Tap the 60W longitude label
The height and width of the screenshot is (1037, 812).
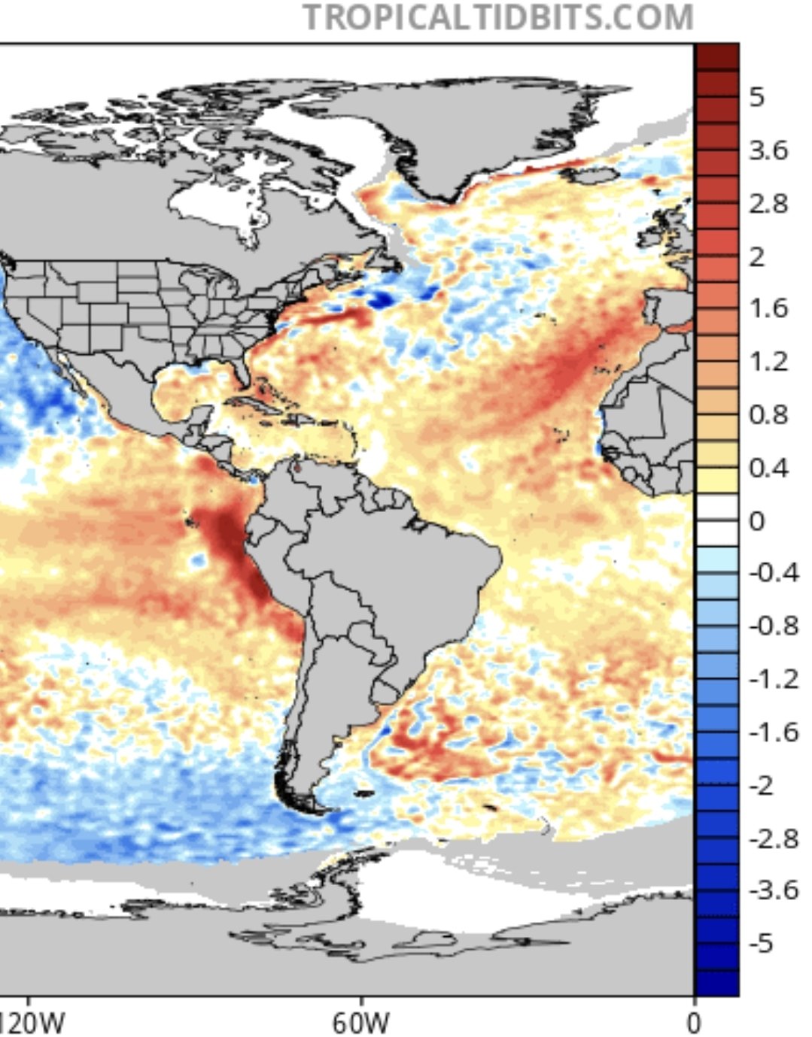point(360,1023)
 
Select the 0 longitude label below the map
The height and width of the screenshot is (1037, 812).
point(693,1023)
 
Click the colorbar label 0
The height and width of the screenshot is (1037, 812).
point(756,520)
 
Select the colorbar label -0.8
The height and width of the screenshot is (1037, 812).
point(773,626)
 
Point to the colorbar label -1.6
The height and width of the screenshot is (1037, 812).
point(773,732)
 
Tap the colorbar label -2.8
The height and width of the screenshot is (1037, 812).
point(773,838)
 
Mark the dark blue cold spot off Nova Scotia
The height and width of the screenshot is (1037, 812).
point(382,299)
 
